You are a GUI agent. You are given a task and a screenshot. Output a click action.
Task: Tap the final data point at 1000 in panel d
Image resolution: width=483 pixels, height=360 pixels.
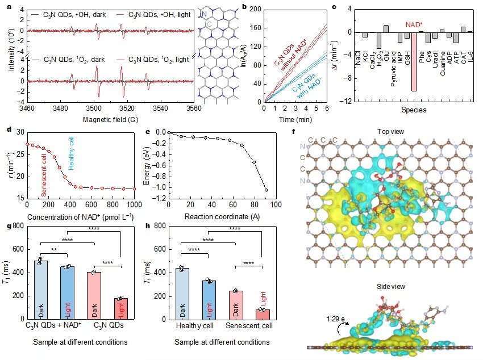134,189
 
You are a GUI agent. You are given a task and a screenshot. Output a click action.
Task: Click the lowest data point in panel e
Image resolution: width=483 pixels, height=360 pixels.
266,190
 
